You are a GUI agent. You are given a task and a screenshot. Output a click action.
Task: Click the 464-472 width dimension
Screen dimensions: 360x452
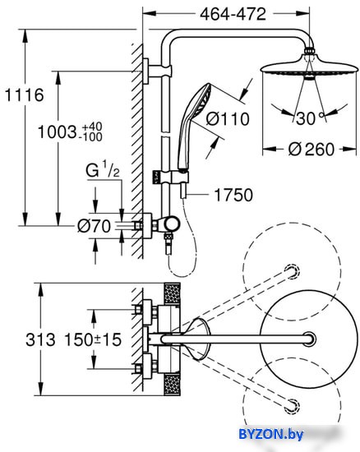point(233,14)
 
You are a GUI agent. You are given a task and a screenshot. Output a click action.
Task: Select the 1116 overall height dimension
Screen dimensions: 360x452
point(25,95)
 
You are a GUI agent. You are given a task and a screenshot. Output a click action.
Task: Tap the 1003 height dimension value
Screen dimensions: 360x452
point(57,132)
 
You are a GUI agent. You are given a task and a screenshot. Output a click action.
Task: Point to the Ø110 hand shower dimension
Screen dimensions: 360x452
point(228,119)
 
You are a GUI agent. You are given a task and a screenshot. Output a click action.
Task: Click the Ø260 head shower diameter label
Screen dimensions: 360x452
point(312,150)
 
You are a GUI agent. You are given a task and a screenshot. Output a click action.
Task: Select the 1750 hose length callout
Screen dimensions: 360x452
point(233,195)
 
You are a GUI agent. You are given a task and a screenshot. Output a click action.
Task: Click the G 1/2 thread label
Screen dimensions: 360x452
point(103,170)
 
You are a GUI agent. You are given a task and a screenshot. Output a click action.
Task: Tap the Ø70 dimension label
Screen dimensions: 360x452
point(94,226)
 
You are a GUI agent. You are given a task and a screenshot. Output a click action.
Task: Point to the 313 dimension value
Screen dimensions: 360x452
point(40,339)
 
